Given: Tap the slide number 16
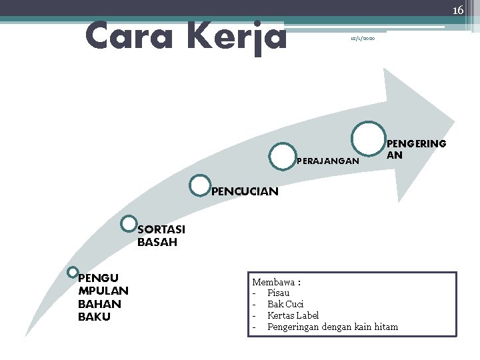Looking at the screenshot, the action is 457,10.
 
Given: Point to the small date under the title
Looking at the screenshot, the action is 363,40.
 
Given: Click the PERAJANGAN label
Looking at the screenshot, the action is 327,161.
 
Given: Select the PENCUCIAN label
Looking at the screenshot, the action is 245,192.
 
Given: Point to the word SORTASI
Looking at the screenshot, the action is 161,230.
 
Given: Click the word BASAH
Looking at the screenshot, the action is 157,243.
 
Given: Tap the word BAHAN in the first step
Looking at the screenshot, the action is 99,303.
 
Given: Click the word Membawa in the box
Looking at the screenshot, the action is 273,283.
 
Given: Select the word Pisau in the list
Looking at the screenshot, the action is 278,293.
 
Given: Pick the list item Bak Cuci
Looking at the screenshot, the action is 285,304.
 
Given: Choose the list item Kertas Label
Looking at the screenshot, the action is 293,315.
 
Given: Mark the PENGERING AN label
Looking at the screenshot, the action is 417,149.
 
